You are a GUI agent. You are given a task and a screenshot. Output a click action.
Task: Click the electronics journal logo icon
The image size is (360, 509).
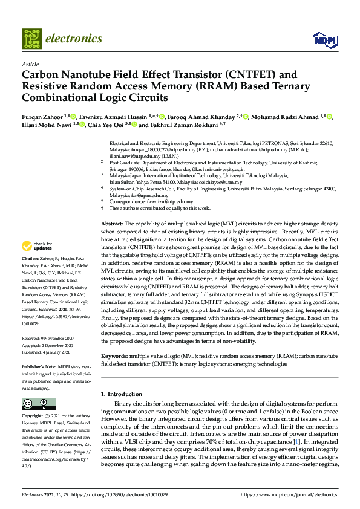point(31,38)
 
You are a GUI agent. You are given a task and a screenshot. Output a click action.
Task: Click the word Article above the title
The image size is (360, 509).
point(30,64)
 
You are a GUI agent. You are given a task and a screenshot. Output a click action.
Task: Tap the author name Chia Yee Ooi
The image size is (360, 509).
point(105,126)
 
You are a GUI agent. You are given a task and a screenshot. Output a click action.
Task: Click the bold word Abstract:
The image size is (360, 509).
point(112,224)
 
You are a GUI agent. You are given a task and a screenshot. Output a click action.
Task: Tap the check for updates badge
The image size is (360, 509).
point(36,246)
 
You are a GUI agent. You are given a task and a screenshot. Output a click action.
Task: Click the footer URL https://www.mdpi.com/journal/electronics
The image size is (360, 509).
point(289,495)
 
